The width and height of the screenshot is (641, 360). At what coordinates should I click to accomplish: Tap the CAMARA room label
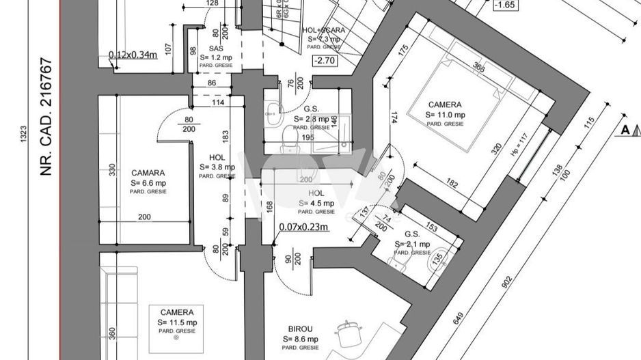tap(148, 174)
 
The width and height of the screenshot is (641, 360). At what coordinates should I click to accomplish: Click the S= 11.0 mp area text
tap(446, 115)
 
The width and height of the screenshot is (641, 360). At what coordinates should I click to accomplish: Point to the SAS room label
tap(216, 49)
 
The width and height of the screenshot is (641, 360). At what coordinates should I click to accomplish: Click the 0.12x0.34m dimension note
tap(133, 55)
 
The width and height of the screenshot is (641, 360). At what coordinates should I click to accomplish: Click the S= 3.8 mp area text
tap(217, 167)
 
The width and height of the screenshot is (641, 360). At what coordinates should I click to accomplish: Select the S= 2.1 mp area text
tap(412, 244)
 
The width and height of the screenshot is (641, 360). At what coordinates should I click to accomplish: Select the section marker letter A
tap(625, 129)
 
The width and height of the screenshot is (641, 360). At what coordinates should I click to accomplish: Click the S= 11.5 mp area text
tap(177, 322)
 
